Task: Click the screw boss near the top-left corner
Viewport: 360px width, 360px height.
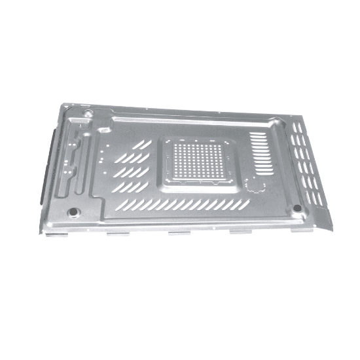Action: click(88, 113)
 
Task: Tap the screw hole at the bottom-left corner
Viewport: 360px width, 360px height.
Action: click(73, 213)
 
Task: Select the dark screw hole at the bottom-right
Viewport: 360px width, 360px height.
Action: click(297, 208)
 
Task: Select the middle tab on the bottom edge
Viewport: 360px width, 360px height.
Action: click(179, 232)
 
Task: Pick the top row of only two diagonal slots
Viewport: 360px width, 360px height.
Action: click(143, 144)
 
